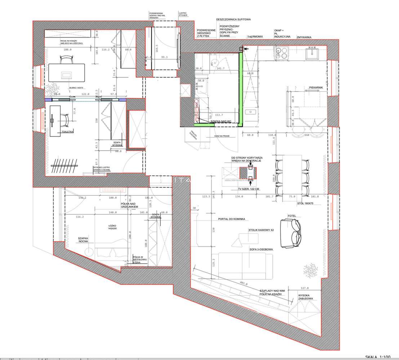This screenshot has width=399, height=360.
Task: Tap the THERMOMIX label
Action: [255, 37]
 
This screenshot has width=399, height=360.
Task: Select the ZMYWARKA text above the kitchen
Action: [304, 37]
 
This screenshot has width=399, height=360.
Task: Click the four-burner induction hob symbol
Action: [281, 53]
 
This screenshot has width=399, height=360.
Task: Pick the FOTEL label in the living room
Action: [292, 216]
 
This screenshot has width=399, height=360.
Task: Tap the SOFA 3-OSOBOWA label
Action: [261, 249]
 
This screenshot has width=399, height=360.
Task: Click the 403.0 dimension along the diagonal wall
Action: [244, 283]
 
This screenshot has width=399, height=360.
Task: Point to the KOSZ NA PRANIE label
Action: [221, 136]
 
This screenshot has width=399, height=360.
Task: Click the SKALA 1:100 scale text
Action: [377, 357]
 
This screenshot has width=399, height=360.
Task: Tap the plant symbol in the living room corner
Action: [310, 270]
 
